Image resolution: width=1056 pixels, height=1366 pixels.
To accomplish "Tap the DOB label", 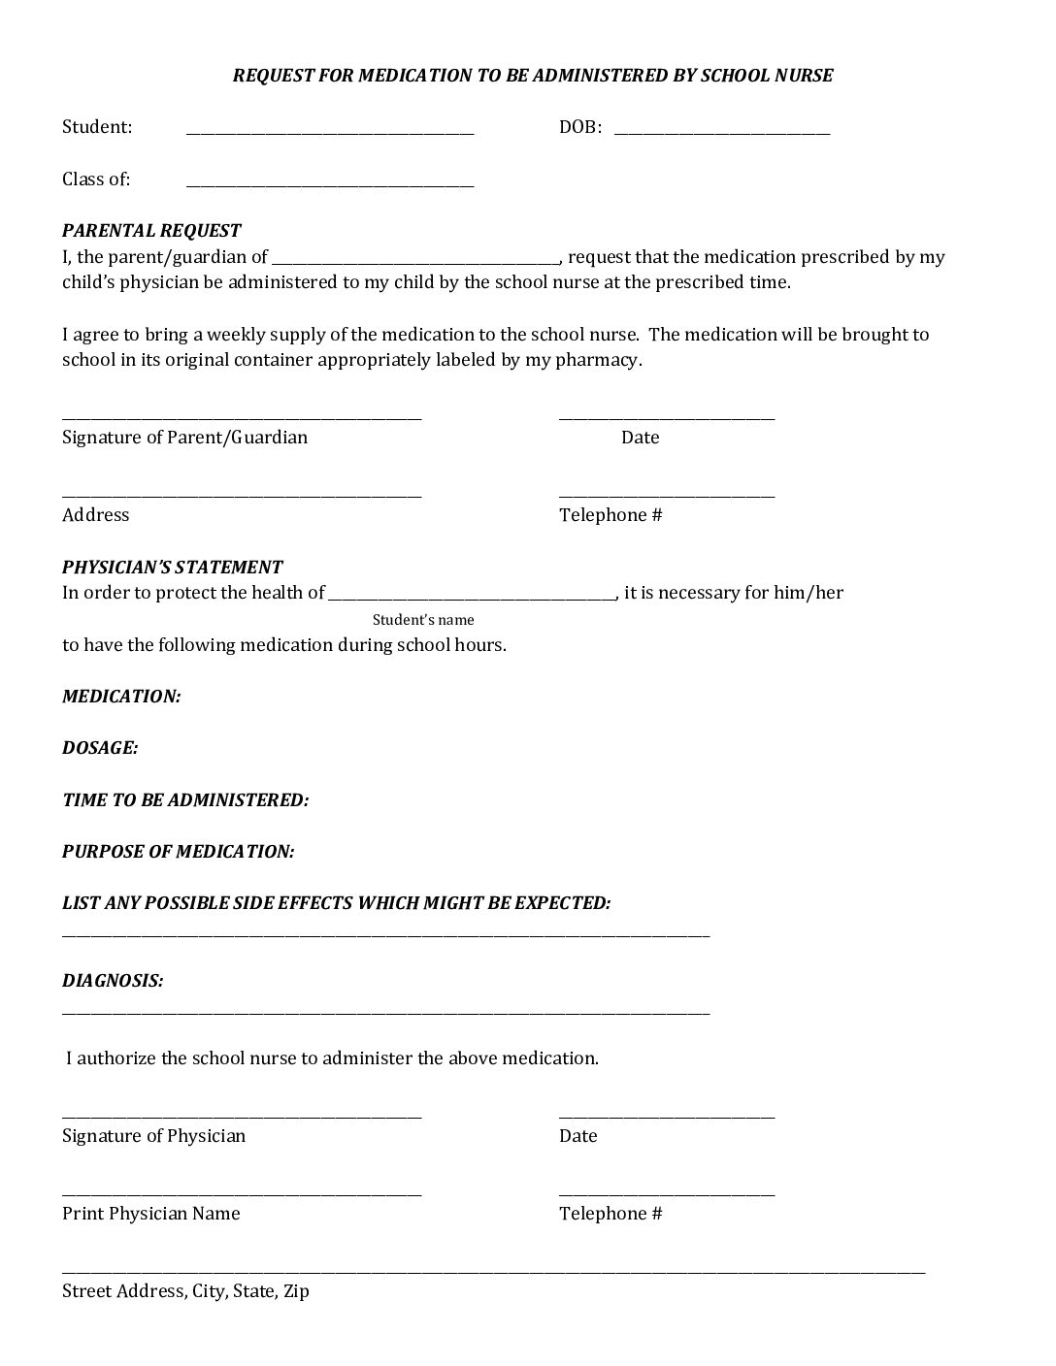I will (x=579, y=127).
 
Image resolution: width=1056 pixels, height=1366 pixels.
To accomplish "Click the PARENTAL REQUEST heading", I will (x=151, y=231).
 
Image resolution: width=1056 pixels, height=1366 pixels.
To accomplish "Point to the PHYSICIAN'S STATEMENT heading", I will (x=172, y=568).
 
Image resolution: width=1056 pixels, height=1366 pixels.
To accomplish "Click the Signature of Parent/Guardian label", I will (x=184, y=438).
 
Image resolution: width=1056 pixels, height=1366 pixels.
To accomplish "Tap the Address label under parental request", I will (x=95, y=515).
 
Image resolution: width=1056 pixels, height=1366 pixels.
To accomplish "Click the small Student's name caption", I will (x=423, y=620).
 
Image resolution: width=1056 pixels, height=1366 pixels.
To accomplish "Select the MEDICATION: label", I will (x=121, y=697).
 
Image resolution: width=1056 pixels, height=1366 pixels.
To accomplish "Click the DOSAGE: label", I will (x=100, y=748).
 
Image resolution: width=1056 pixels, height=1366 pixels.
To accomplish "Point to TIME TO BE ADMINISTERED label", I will (x=185, y=800).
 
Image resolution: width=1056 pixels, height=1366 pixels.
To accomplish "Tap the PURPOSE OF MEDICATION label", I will (x=178, y=852).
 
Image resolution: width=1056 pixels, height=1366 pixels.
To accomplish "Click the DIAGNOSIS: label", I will (x=113, y=981).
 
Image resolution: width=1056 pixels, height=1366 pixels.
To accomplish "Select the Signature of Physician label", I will (x=153, y=1136).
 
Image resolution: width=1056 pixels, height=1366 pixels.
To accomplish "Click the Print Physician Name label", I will (x=150, y=1214).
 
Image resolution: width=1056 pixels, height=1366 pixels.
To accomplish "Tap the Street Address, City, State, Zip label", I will (x=185, y=1291).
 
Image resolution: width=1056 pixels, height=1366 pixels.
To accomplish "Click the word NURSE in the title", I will (x=803, y=76).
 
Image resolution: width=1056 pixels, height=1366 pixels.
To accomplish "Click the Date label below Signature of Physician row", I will (x=577, y=1136).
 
